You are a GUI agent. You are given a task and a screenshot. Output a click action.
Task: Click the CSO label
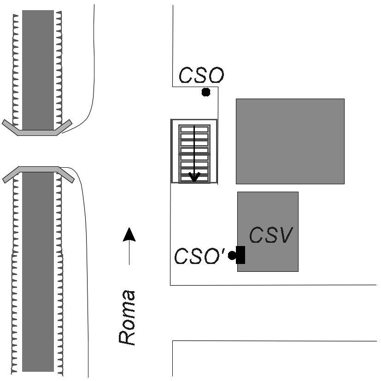[201, 75]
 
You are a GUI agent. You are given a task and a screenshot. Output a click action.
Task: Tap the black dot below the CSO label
[206, 92]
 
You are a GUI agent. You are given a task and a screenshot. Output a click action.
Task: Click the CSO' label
[199, 256]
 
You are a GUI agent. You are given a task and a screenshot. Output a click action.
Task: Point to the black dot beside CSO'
[232, 255]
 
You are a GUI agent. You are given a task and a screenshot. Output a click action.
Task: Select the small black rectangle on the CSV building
[240, 255]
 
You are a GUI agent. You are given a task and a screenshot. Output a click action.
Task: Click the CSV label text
[271, 234]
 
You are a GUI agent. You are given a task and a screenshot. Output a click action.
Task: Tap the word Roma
[127, 317]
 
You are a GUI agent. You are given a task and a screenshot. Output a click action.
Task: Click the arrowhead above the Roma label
[129, 234]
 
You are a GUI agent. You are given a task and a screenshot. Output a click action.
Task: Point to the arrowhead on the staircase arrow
[194, 177]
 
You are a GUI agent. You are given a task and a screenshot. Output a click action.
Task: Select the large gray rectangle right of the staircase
[290, 141]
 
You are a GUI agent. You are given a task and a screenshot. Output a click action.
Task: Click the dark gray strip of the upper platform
[38, 70]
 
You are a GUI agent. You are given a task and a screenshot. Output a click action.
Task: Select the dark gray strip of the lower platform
[38, 272]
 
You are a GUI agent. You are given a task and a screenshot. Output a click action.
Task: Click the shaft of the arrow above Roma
[129, 253]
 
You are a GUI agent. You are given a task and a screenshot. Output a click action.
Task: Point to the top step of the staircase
[194, 129]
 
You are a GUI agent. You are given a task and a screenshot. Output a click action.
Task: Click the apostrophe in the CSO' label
[223, 251]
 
